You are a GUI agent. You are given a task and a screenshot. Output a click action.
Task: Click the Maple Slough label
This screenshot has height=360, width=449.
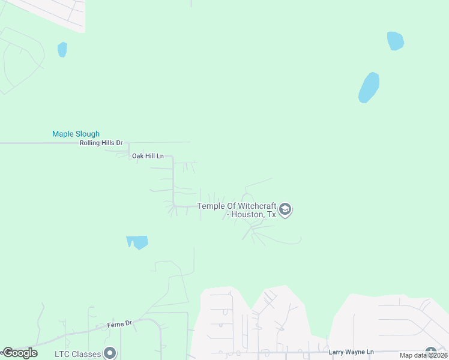(76, 134)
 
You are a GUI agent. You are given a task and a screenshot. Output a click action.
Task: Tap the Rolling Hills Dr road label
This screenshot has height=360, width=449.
(101, 143)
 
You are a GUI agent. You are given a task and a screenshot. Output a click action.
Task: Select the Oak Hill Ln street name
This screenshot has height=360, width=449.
(148, 156)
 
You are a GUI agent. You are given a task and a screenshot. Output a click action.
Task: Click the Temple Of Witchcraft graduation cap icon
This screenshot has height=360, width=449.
(286, 209)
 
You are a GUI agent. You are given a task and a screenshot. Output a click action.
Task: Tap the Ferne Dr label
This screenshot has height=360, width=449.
(119, 324)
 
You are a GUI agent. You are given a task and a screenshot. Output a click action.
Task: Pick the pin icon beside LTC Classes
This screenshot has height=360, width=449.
(109, 353)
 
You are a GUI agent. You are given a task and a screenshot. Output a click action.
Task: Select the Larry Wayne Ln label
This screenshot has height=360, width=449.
(351, 352)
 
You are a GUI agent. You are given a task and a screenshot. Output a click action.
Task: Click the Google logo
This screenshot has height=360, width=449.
(20, 353)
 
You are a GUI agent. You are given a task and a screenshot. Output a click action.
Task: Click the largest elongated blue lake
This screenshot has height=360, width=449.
(369, 88)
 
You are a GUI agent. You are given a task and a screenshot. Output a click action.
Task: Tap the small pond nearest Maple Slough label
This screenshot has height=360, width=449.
(62, 49)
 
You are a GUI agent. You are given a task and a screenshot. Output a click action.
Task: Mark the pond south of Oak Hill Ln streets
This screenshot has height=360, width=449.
(137, 242)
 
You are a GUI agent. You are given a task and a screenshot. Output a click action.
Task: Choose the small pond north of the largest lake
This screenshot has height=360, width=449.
(395, 41)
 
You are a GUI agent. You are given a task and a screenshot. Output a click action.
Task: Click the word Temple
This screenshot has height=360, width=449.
(210, 206)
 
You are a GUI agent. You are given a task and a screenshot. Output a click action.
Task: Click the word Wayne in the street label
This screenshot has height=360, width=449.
(355, 352)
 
